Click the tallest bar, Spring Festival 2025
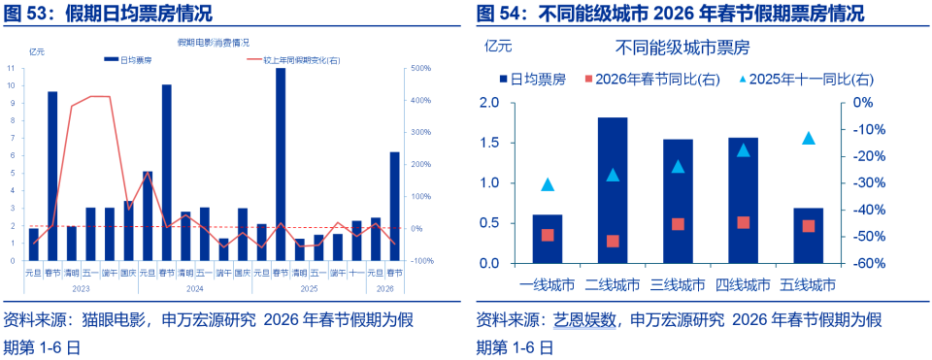pos(281,165)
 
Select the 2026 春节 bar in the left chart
pos(394,206)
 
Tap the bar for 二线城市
pos(612,190)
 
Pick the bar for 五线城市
pos(808,235)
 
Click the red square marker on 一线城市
pos(548,235)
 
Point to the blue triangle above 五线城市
pos(808,138)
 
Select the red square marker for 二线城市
pos(613,241)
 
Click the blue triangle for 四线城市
pos(743,150)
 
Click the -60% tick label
pos(867,263)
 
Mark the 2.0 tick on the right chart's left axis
pos(489,103)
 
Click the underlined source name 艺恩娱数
pos(584,319)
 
